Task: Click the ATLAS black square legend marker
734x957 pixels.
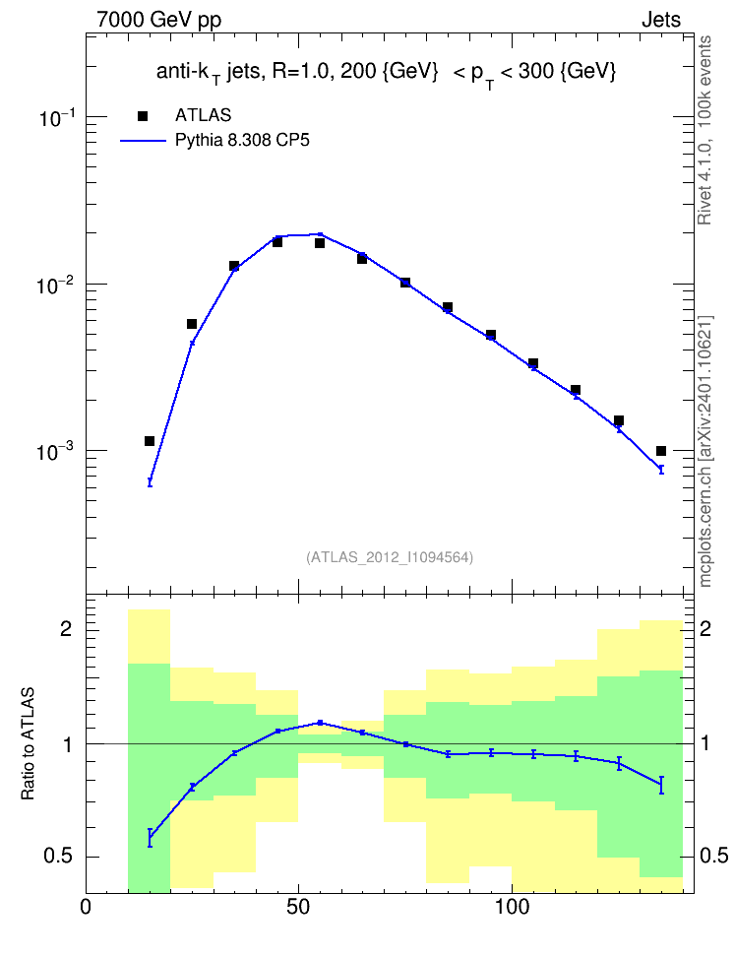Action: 143,115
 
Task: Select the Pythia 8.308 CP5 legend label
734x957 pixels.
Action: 242,141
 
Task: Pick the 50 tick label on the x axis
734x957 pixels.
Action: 298,907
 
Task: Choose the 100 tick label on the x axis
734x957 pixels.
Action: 512,907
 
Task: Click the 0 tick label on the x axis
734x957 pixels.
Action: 86,907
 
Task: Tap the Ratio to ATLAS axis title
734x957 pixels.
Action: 28,744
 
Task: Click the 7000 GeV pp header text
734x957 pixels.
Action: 158,20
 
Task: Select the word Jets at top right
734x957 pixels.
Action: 661,20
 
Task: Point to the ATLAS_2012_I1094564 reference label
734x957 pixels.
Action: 390,557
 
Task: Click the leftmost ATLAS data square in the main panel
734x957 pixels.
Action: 150,441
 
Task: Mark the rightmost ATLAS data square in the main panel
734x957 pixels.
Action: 661,451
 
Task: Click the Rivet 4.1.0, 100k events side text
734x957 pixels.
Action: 704,130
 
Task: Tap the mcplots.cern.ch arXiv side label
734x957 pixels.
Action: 705,452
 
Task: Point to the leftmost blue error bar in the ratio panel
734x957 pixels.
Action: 150,837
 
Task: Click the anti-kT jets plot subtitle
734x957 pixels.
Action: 387,73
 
